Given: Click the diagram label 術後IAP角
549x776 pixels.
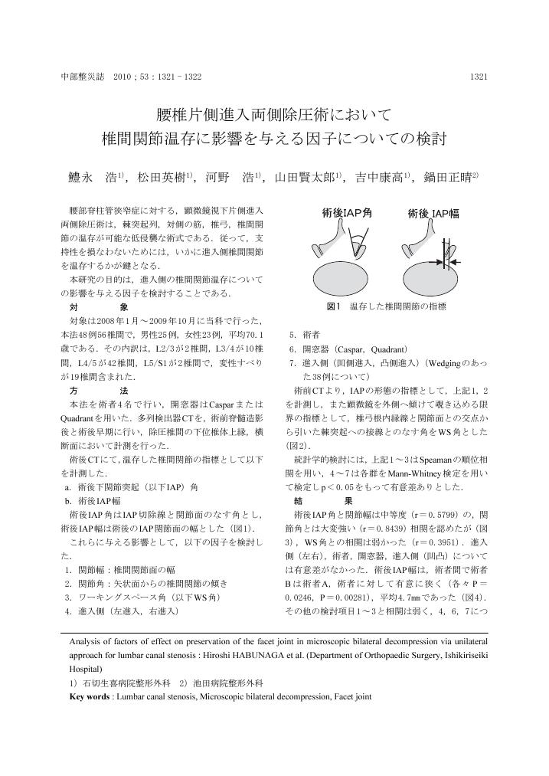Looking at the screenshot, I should (x=347, y=213).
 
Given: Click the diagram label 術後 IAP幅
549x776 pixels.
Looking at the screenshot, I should (x=433, y=213).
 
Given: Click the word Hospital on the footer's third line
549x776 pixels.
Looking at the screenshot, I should (x=87, y=669).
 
